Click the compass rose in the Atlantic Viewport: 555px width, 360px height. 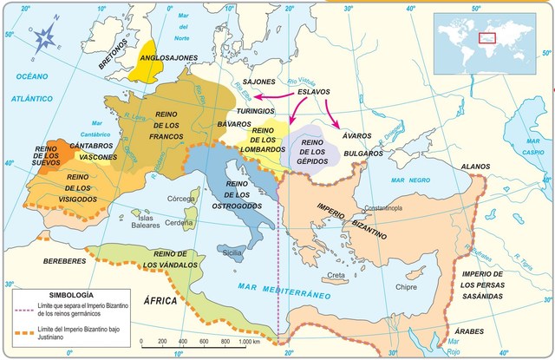(44, 36)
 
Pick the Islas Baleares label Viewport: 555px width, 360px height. (145, 221)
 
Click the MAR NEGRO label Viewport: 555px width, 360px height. (409, 180)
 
